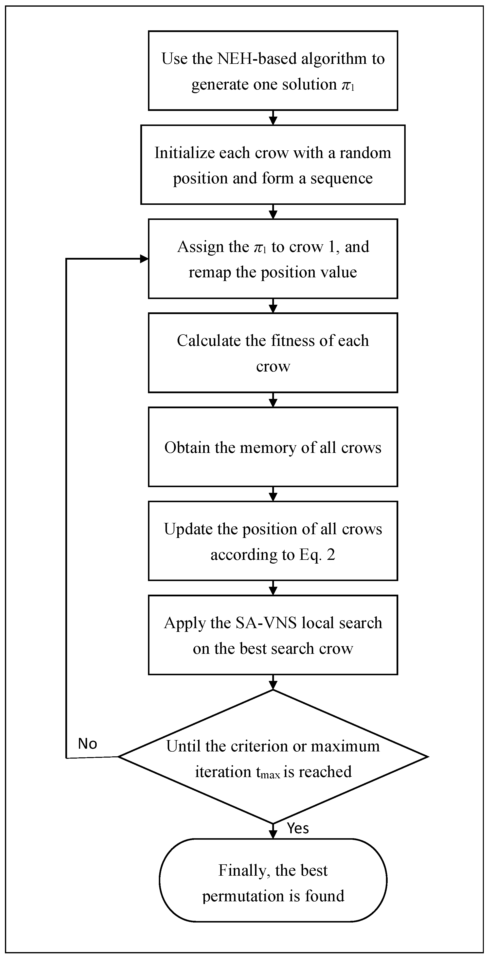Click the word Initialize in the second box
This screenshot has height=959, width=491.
pyautogui.click(x=184, y=153)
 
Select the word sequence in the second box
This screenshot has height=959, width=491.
pyautogui.click(x=341, y=178)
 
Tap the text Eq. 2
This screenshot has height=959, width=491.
pyautogui.click(x=317, y=555)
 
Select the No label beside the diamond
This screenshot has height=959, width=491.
pyautogui.click(x=88, y=744)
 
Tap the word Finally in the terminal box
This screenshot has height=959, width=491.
pyautogui.click(x=242, y=870)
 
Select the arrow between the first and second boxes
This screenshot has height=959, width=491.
pyautogui.click(x=273, y=118)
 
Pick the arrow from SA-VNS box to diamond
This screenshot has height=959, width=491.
pyautogui.click(x=273, y=682)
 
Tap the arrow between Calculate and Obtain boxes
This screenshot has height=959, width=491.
pyautogui.click(x=273, y=400)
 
